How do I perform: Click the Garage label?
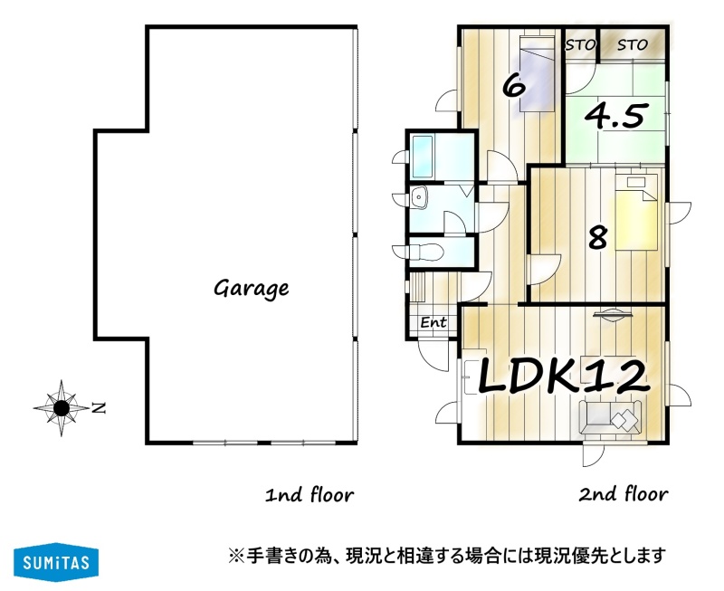point(252,289)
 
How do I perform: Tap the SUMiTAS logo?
point(56,562)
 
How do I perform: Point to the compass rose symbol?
point(62,408)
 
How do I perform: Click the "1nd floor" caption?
point(310,494)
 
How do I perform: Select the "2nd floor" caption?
point(623,494)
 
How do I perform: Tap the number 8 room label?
point(597,237)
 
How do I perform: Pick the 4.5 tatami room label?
point(615,115)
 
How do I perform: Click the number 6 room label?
point(514,85)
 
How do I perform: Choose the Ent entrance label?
point(433,322)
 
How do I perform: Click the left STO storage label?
point(580,45)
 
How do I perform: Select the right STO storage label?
point(633,45)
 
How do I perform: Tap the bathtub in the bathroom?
point(422,157)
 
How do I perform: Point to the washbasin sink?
point(419,197)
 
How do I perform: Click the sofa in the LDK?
point(610,416)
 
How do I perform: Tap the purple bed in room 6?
point(537,74)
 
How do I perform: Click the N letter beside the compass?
point(99,408)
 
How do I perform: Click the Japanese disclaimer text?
point(447,555)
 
